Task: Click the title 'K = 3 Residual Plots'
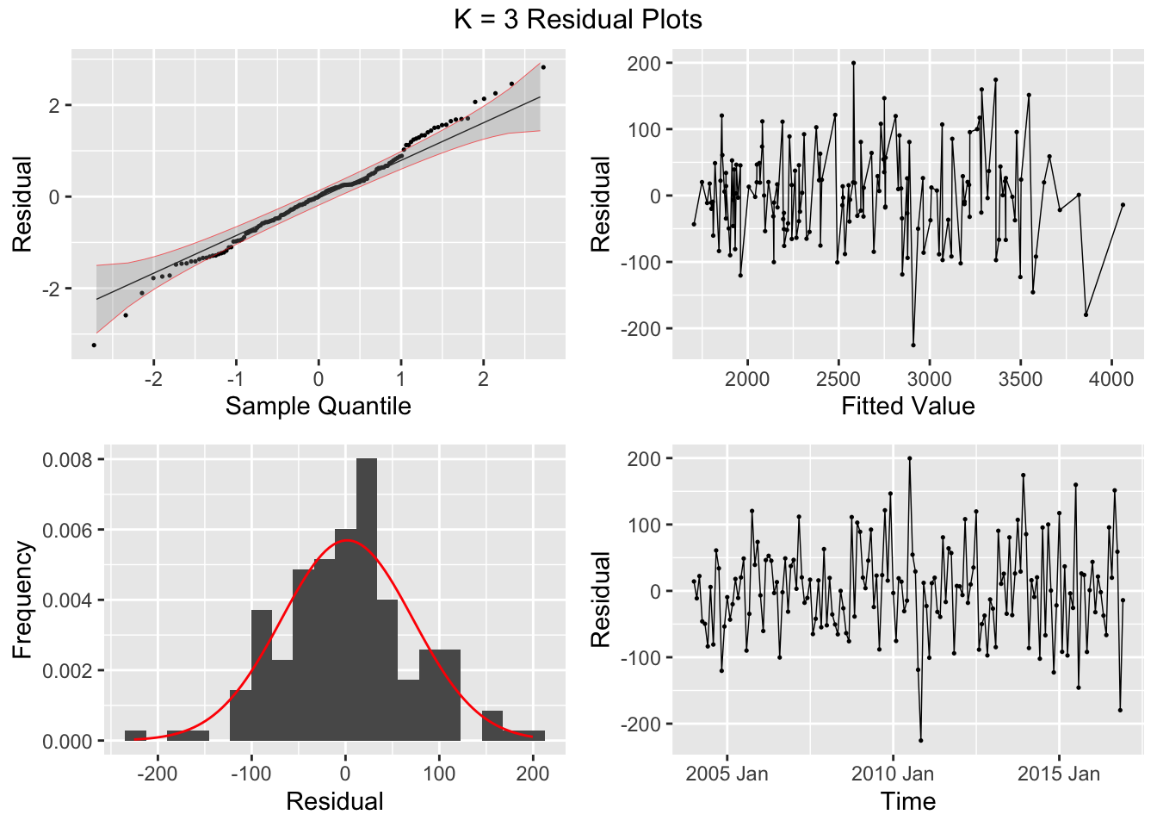578,19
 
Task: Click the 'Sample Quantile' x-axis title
318,406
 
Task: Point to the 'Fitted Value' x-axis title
908,406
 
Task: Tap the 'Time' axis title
908,801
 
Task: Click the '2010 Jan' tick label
893,774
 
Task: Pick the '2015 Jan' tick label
1059,774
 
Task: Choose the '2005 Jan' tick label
727,774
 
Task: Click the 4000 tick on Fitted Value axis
1111,379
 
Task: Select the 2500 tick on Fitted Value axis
838,379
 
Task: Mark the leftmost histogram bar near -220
135,736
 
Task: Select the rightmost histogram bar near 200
534,736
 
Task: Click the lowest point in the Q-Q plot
94,345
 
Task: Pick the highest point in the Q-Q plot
543,67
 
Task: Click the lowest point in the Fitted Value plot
913,345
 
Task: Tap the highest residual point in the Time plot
909,458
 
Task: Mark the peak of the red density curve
346,540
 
